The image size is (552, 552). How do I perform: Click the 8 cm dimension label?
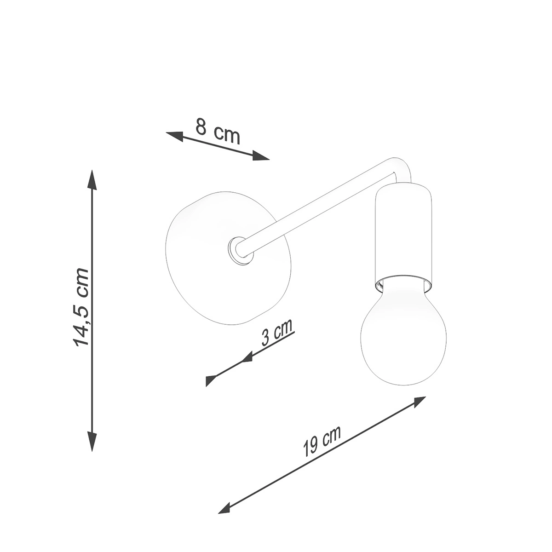point(218,131)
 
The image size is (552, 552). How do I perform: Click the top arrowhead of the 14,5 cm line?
point(92,180)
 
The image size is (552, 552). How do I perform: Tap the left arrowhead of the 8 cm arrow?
point(175,136)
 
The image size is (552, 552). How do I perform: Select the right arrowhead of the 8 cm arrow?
point(261,155)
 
